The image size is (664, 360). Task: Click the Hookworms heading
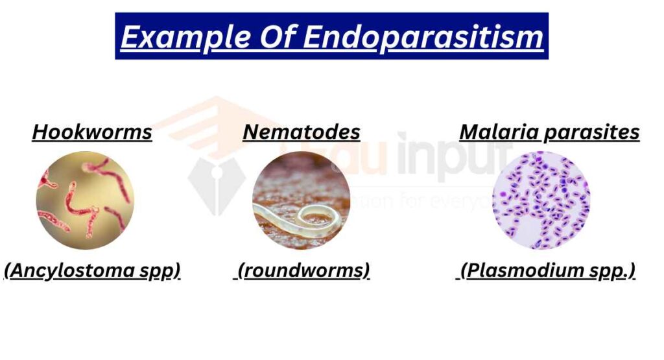92,132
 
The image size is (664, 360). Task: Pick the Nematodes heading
302,132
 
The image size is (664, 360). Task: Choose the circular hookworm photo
85,200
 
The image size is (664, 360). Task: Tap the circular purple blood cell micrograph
541,200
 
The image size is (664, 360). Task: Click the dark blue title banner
331,36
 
